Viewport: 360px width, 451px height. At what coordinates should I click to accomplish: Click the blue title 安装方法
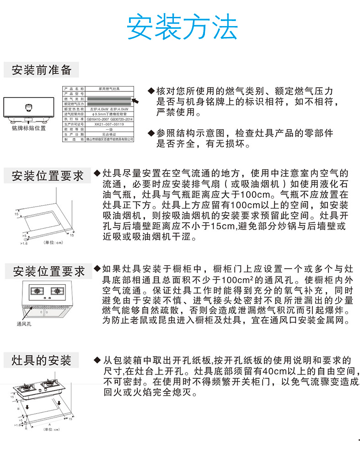click(x=182, y=27)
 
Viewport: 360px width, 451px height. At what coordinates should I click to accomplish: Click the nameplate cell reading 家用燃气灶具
click(x=109, y=88)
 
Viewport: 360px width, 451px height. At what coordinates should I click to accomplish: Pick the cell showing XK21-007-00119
click(x=109, y=124)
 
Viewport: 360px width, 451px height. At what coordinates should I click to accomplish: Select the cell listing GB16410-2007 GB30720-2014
click(x=109, y=118)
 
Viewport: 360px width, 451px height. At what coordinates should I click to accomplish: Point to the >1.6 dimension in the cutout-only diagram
click(x=24, y=244)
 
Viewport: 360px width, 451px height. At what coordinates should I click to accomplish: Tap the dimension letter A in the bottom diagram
click(x=49, y=424)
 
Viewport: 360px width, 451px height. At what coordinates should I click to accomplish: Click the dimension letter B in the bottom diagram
click(x=18, y=409)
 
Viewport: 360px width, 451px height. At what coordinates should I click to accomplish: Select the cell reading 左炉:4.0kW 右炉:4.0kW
click(x=109, y=109)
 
